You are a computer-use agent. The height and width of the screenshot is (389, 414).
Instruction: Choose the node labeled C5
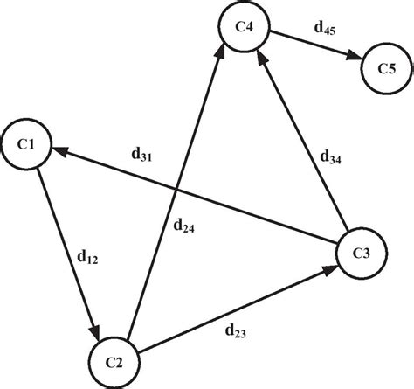pyautogui.click(x=384, y=68)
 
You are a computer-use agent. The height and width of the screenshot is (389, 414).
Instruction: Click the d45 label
pyautogui.click(x=325, y=30)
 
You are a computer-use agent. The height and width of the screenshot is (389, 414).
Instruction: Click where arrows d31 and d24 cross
pyautogui.click(x=177, y=191)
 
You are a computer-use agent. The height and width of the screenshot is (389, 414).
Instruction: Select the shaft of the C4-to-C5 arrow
pyautogui.click(x=310, y=46)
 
